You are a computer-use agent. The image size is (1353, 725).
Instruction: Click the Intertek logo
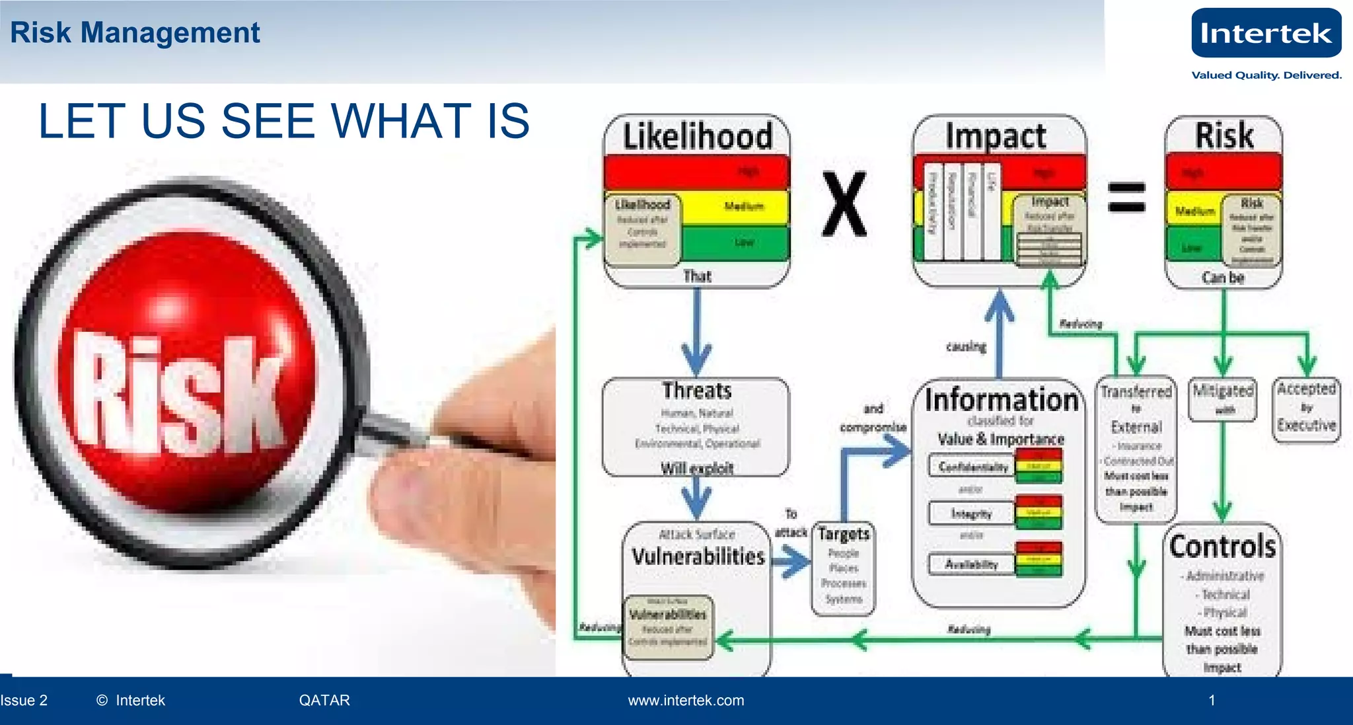(x=1266, y=33)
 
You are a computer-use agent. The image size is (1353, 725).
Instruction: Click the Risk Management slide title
(x=135, y=32)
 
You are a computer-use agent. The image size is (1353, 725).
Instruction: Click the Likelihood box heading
(x=697, y=136)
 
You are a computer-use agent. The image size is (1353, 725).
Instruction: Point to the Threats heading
(x=697, y=391)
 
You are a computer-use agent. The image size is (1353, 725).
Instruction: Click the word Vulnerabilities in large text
(x=698, y=556)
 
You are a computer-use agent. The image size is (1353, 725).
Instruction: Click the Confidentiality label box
(x=972, y=467)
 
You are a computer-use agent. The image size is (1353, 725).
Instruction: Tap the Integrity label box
(x=971, y=513)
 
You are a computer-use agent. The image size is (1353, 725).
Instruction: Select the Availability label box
(x=971, y=564)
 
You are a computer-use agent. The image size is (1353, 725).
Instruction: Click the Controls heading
(x=1222, y=547)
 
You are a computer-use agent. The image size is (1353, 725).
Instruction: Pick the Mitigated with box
(x=1222, y=399)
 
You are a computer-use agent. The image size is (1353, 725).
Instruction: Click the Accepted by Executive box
(x=1306, y=408)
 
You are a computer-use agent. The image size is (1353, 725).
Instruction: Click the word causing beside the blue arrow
(x=965, y=346)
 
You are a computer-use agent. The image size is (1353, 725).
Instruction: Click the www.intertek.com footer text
(x=686, y=701)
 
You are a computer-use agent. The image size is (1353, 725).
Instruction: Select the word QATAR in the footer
(x=324, y=701)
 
